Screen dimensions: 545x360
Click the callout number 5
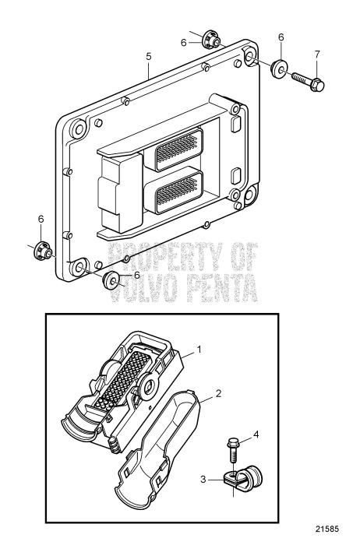148,56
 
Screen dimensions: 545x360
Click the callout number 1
199,350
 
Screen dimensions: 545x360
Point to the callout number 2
218,394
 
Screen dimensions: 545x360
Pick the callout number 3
203,480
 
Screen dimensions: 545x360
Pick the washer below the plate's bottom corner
114,280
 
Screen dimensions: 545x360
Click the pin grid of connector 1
118,381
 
